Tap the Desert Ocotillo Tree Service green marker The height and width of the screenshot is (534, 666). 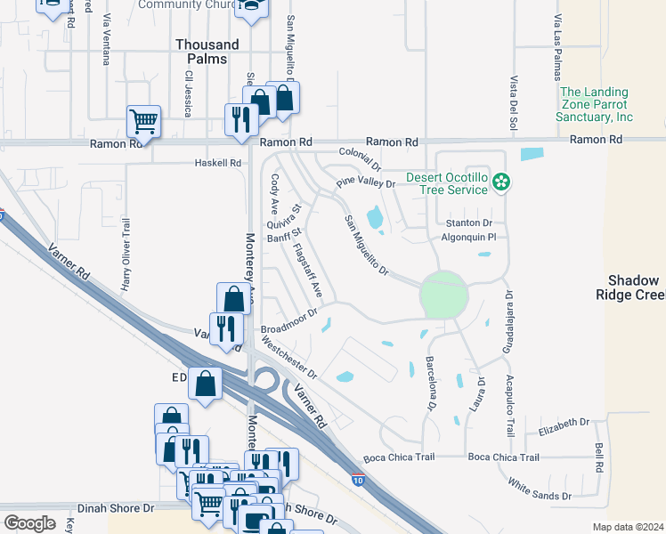coord(502,183)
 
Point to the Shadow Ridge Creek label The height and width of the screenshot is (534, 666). coord(631,287)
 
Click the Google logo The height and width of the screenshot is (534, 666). coord(28,523)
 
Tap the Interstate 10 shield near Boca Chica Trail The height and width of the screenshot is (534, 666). coord(357,481)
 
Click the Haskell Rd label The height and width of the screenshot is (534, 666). coord(218,163)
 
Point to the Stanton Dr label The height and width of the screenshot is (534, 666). coord(468,222)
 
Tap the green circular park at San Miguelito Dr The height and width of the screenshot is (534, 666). coord(443,295)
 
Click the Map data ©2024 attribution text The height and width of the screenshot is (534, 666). coord(628,527)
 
